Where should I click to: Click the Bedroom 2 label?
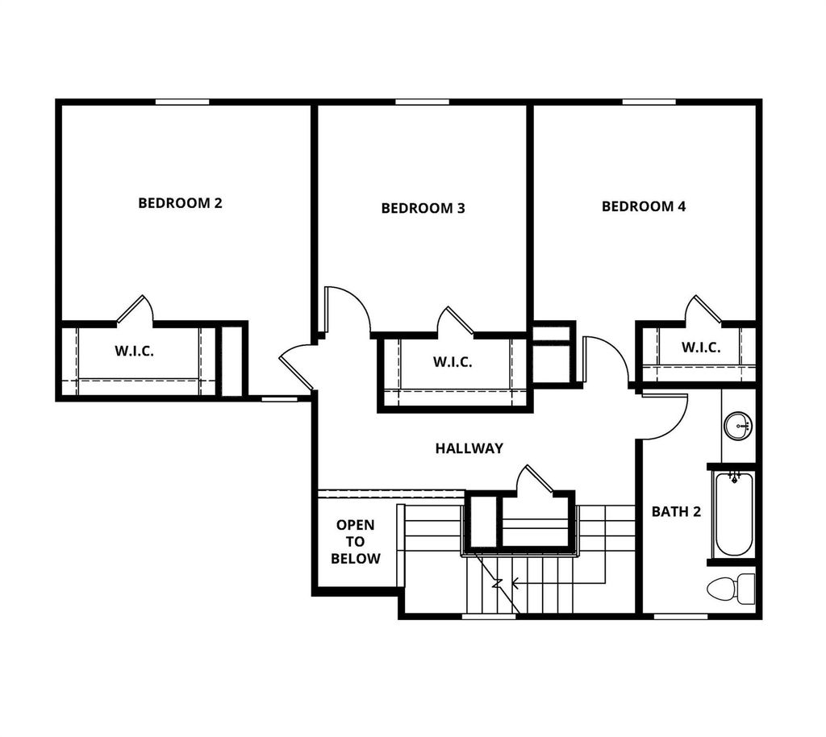[x=180, y=202]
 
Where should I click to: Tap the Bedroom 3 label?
[x=423, y=208]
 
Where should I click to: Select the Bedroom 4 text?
[x=644, y=206]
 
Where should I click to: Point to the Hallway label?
[x=469, y=448]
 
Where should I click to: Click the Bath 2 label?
[x=676, y=511]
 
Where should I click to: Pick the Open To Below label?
[x=355, y=542]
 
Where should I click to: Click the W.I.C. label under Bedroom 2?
[x=134, y=352]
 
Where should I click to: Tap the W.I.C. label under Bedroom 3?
[x=453, y=362]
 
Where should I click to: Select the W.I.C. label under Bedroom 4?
[x=701, y=347]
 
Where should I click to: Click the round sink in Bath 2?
[x=737, y=425]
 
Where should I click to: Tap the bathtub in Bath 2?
[x=733, y=515]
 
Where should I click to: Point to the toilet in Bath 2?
[x=730, y=589]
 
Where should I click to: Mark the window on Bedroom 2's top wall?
[x=181, y=102]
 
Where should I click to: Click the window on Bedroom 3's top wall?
[x=422, y=102]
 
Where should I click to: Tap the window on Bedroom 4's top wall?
[x=649, y=102]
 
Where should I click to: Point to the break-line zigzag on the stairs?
[x=498, y=583]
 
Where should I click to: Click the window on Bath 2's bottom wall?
[x=680, y=617]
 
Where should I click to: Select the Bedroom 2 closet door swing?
[x=136, y=310]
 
